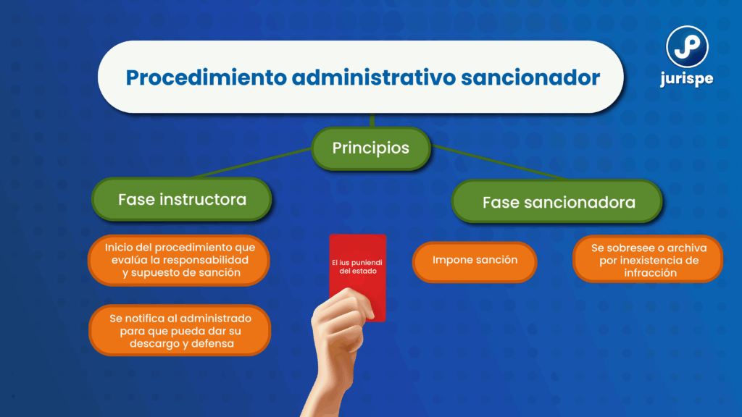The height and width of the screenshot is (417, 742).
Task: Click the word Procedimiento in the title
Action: (x=207, y=78)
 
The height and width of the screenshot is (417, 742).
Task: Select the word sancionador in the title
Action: (x=530, y=77)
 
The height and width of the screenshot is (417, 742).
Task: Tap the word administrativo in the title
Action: (x=374, y=77)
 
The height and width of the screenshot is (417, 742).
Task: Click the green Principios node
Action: (x=371, y=148)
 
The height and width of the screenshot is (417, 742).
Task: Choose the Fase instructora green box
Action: (x=182, y=200)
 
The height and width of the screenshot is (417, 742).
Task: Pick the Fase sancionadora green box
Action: (x=557, y=203)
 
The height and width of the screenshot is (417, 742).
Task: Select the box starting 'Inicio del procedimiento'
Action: (x=179, y=260)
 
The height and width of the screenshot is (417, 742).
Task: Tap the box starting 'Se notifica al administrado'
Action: (x=180, y=330)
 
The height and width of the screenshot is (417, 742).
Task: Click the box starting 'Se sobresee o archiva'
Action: (x=648, y=260)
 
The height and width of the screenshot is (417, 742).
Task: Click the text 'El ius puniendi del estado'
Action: (x=357, y=266)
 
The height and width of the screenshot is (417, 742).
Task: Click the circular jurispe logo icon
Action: (x=687, y=47)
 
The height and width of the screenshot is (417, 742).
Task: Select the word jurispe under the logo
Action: (x=687, y=79)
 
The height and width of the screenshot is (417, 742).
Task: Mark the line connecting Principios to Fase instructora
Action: (x=253, y=163)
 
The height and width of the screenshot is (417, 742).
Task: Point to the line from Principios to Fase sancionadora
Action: (x=500, y=163)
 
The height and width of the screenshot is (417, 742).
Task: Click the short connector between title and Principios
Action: (x=372, y=120)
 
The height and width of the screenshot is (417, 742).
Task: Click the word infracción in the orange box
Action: (x=650, y=273)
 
